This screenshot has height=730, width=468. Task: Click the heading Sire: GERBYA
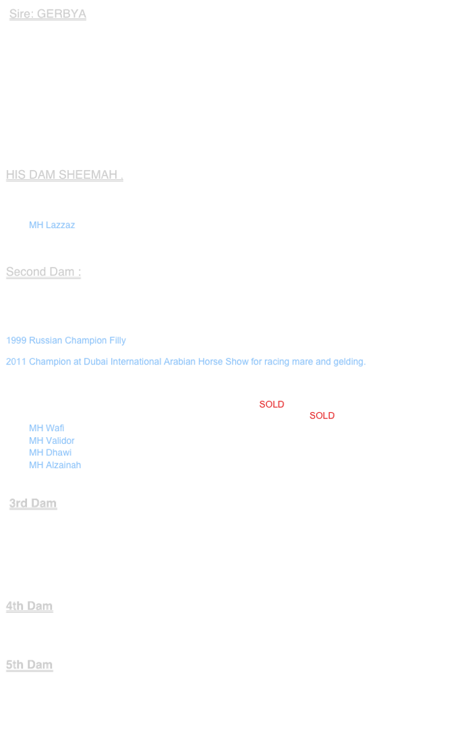point(47,14)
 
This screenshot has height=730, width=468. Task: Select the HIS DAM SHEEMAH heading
point(64,175)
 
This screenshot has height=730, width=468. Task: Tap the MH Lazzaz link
point(52,225)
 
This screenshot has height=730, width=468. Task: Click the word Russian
point(45,340)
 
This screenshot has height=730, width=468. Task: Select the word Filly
point(117,340)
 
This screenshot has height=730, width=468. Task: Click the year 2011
point(16,362)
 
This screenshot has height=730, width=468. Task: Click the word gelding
point(349,362)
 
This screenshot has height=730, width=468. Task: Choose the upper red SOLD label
point(272,404)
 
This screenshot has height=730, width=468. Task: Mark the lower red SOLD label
point(322,416)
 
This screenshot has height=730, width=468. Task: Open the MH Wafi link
point(47,428)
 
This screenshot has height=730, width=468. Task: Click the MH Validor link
point(52,441)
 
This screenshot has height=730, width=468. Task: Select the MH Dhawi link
point(51,453)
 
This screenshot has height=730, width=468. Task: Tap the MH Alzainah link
point(55,465)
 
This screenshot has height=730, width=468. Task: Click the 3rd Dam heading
point(33,503)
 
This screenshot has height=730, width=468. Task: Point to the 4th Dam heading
point(29,606)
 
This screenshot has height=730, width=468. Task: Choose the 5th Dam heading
point(29,665)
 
